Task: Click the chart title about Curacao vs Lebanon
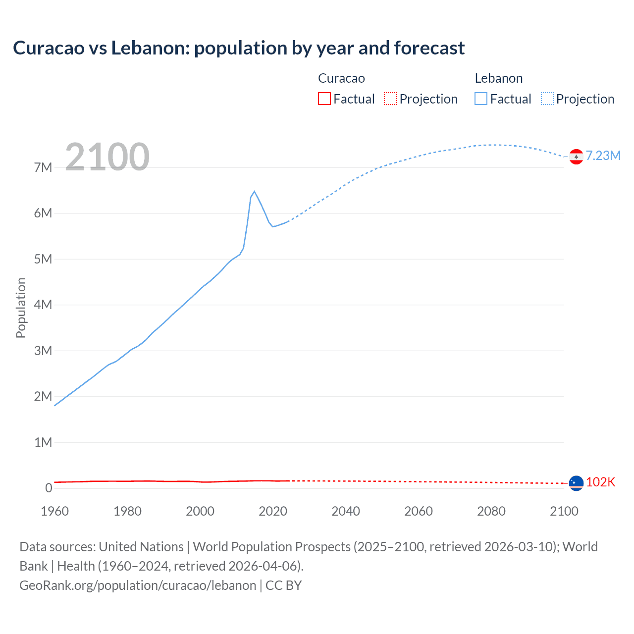[x=239, y=48]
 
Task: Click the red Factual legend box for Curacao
[x=324, y=99]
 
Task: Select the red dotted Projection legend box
[x=390, y=99]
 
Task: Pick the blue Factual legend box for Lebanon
[x=481, y=99]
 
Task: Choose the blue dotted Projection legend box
[x=547, y=99]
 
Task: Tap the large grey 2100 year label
[x=107, y=157]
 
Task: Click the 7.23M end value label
[x=603, y=156]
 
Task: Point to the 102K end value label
[x=600, y=482]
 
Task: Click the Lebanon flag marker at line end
[x=576, y=157]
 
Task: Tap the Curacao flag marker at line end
[x=576, y=483]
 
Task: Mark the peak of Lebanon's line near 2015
[x=254, y=192]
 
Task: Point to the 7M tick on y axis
[x=43, y=167]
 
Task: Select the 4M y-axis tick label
[x=43, y=305]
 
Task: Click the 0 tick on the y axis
[x=49, y=488]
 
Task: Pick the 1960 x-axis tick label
[x=54, y=511]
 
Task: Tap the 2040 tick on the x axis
[x=346, y=511]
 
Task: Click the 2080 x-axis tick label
[x=491, y=511]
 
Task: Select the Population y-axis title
[x=21, y=308]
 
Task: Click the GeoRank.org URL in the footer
[x=138, y=585]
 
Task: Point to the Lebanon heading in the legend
[x=498, y=78]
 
